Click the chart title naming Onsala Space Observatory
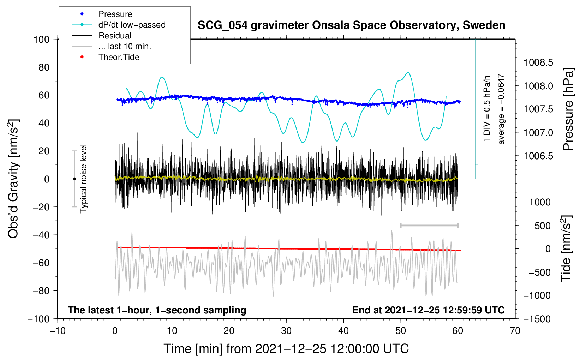click(351, 25)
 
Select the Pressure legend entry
click(115, 14)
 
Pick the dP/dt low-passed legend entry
click(132, 25)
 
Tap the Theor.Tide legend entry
click(119, 57)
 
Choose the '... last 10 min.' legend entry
click(125, 46)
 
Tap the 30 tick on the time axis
click(286, 331)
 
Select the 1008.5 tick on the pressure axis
click(538, 63)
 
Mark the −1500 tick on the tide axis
click(537, 319)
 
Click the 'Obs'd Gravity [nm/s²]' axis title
click(13, 179)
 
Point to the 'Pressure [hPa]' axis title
click(568, 109)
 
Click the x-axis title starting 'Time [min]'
click(286, 349)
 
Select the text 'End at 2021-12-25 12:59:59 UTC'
click(428, 310)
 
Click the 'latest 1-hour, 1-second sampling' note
click(157, 310)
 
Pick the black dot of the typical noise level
click(74, 179)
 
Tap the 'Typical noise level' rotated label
click(83, 179)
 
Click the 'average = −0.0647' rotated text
click(501, 109)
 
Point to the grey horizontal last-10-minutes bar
click(429, 225)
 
